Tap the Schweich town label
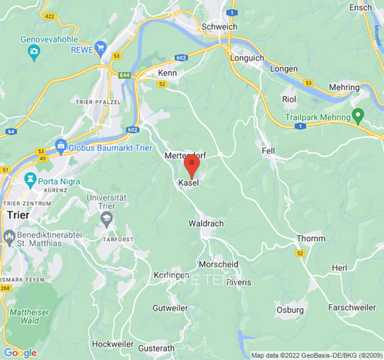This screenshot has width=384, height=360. (219, 27)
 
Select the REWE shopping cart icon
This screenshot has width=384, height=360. (100, 47)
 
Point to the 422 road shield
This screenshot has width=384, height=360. (50, 17)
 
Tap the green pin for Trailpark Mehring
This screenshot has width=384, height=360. (358, 117)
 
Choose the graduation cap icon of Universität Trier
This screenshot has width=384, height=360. (106, 219)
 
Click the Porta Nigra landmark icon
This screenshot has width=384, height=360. (31, 180)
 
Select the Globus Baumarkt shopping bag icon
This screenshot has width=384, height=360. (60, 145)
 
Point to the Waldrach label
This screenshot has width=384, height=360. (206, 224)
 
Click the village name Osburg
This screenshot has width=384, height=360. (290, 310)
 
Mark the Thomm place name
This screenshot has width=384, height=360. (307, 238)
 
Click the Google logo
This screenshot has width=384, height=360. (20, 353)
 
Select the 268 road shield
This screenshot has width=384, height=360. (5, 288)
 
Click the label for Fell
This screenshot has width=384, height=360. (268, 151)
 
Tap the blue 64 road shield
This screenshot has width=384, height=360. (11, 131)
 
